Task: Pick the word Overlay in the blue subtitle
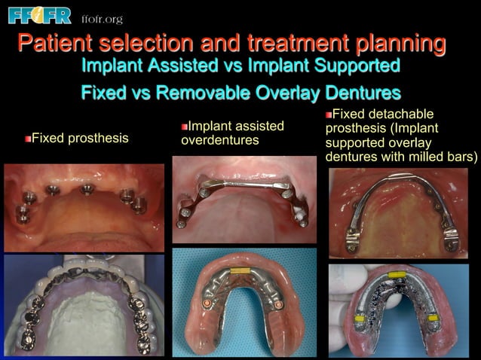click(293, 95)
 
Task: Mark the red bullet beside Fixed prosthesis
click(28, 139)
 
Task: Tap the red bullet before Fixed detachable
click(329, 115)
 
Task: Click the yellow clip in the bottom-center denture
click(240, 269)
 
